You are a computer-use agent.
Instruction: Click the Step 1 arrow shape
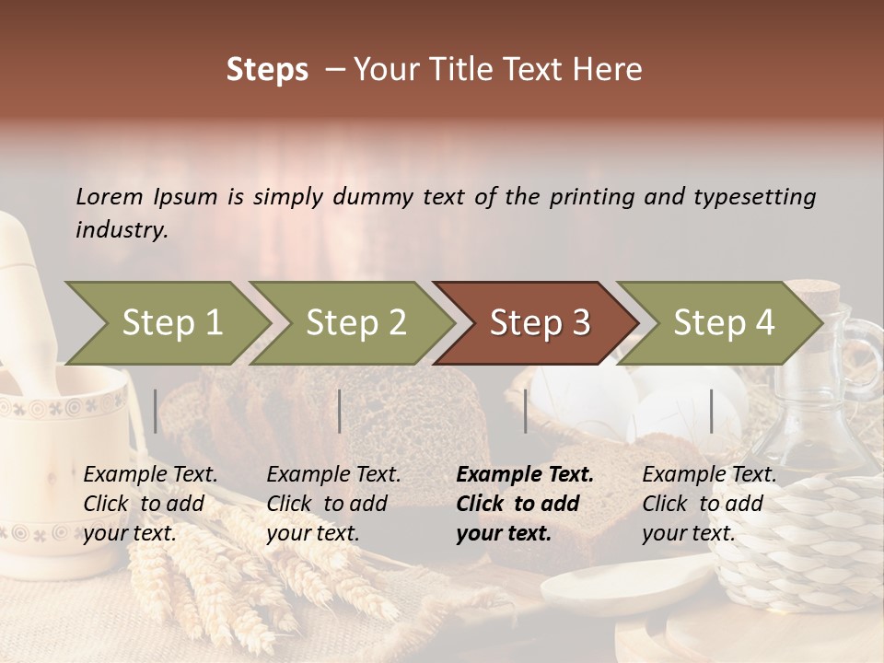tap(166, 323)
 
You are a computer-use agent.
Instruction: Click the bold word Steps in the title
tap(267, 70)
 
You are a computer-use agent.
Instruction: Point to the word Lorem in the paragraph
tap(110, 196)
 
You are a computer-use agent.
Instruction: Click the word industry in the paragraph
tap(121, 230)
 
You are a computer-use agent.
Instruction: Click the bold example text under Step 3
tap(525, 504)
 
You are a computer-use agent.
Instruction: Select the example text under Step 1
tap(150, 504)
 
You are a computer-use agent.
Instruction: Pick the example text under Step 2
tap(333, 504)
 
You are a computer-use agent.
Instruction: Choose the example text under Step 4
tap(709, 504)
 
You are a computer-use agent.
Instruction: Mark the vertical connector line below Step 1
tap(156, 411)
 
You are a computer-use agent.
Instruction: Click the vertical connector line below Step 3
tap(525, 411)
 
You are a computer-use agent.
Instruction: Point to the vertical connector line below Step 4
tap(711, 411)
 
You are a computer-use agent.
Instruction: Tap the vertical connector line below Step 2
tap(340, 411)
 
